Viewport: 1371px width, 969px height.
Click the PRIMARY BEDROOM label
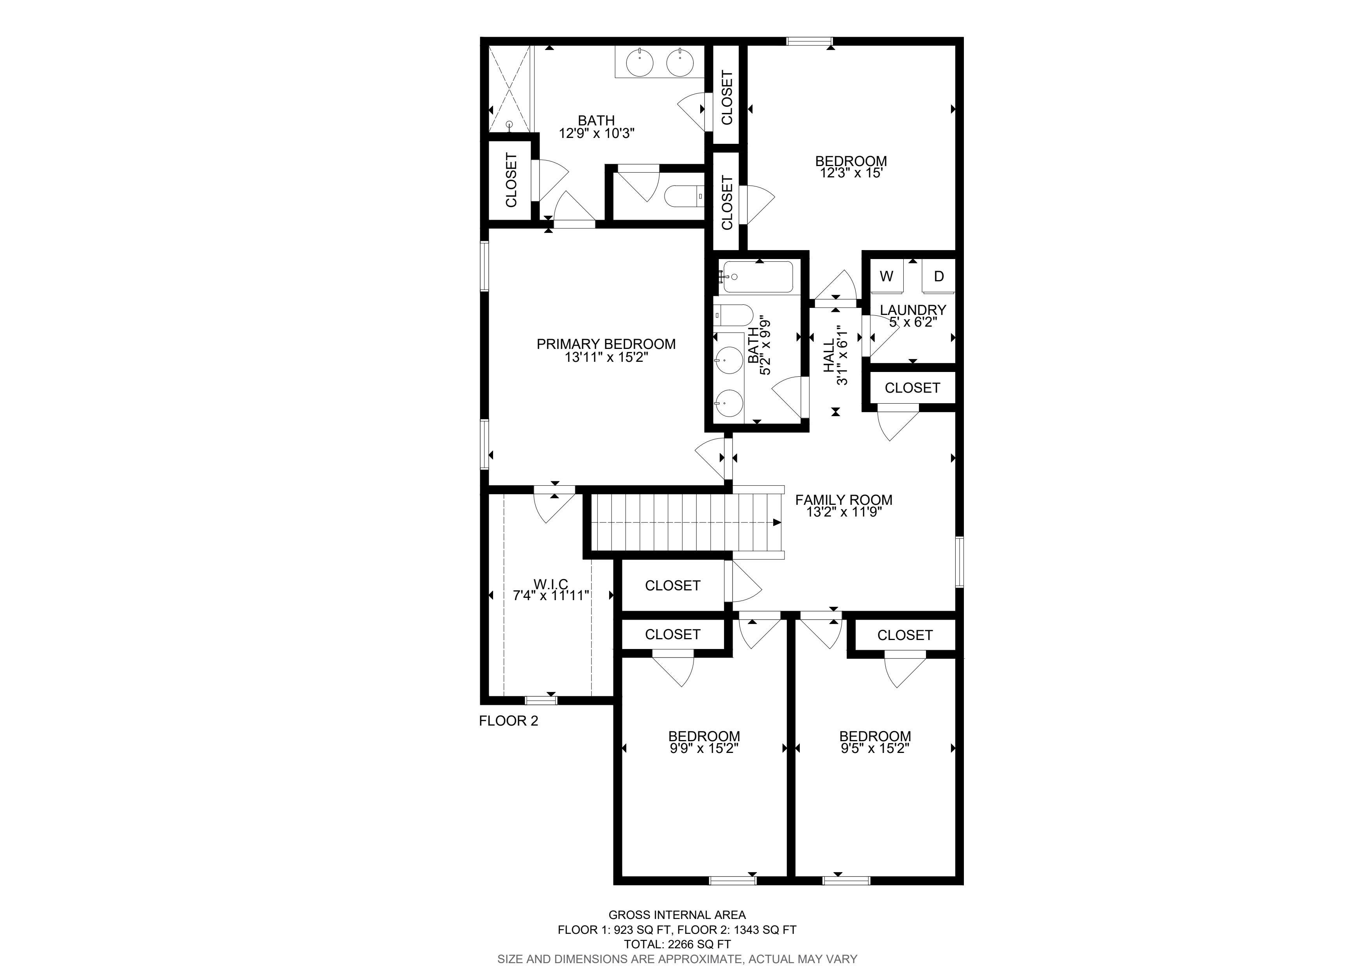point(606,344)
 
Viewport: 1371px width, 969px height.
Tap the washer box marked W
point(887,276)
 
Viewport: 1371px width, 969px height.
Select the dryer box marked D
point(939,276)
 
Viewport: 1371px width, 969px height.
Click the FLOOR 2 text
point(509,720)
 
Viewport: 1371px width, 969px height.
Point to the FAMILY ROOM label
point(844,500)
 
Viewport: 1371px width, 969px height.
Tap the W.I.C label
point(551,583)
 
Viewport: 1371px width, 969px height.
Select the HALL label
point(829,356)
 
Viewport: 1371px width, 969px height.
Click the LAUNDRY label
point(913,310)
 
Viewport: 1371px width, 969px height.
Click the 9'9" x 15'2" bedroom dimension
point(704,749)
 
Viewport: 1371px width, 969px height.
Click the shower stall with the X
point(509,88)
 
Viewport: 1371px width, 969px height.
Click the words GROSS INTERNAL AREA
point(677,915)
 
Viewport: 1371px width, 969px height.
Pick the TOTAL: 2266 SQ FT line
point(677,944)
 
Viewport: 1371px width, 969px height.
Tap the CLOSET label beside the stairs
point(672,586)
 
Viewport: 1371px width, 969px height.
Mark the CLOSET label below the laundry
point(912,388)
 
